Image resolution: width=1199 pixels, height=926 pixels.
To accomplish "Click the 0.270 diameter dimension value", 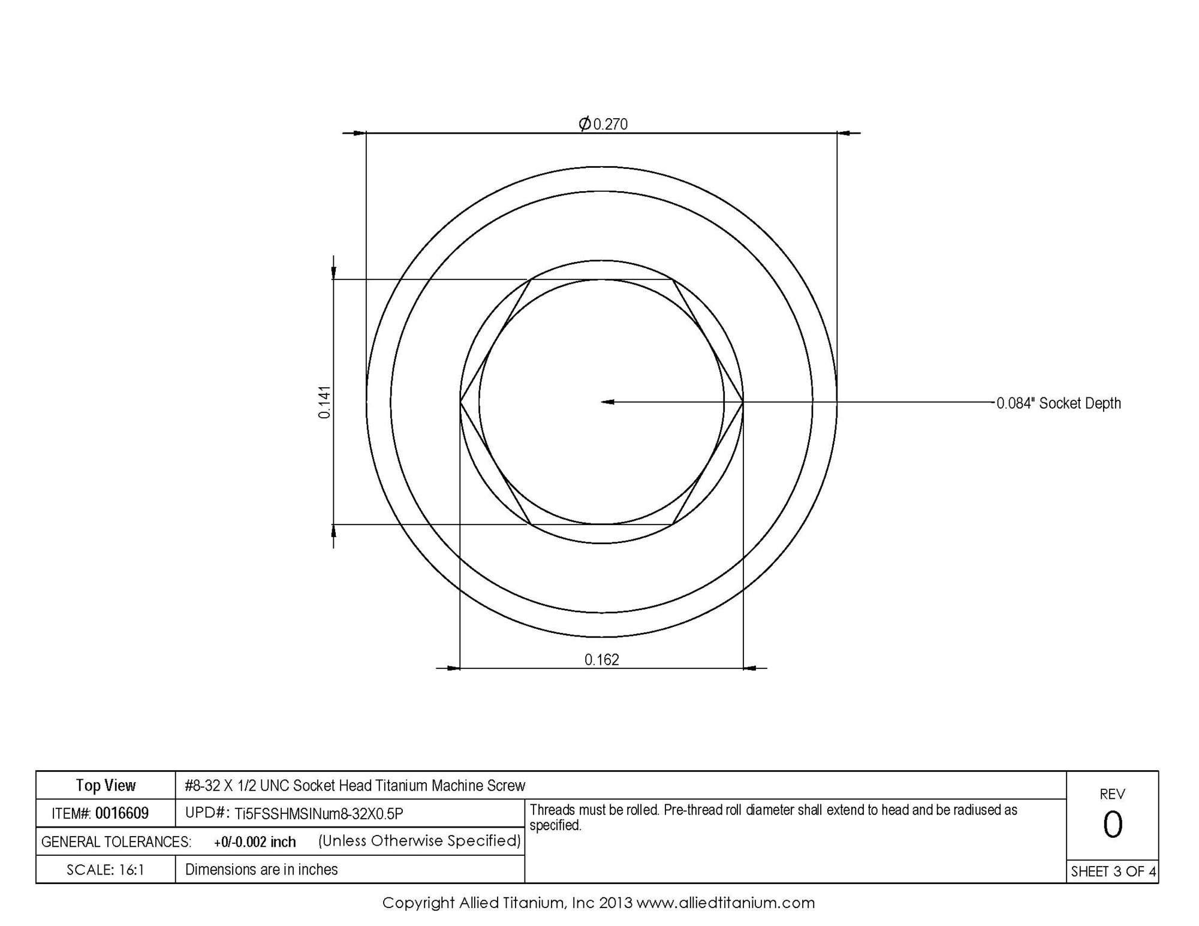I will pyautogui.click(x=610, y=124).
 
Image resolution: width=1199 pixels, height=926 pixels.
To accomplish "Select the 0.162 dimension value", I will pyautogui.click(x=601, y=660).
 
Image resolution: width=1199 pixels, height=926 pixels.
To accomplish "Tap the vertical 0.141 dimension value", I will pyautogui.click(x=324, y=402).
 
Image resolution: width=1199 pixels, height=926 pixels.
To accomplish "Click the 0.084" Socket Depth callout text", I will pyautogui.click(x=1058, y=403).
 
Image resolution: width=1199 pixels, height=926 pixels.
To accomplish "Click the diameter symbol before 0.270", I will pyautogui.click(x=585, y=123).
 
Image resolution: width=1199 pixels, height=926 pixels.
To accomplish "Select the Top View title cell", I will pyautogui.click(x=106, y=785).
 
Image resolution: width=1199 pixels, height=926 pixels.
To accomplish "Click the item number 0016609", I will pyautogui.click(x=122, y=813).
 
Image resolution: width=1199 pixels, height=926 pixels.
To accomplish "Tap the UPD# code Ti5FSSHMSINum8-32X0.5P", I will pyautogui.click(x=318, y=814).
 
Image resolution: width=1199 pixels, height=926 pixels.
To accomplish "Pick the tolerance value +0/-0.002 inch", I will pyautogui.click(x=255, y=841).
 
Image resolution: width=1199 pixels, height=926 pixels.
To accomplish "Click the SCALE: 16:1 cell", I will pyautogui.click(x=106, y=870).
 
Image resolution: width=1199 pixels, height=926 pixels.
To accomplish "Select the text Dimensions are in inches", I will pyautogui.click(x=261, y=870).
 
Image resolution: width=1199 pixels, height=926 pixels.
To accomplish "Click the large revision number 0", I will pyautogui.click(x=1112, y=825).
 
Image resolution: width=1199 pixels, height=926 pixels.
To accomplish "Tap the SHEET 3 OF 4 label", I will pyautogui.click(x=1113, y=871).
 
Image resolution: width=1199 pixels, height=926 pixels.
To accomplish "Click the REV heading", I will pyautogui.click(x=1112, y=794).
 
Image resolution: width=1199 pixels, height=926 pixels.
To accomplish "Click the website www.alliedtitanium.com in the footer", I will pyautogui.click(x=725, y=903).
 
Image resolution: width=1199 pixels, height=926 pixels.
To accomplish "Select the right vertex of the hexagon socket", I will pyautogui.click(x=743, y=402).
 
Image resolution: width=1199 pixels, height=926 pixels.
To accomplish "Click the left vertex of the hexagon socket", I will pyautogui.click(x=460, y=402).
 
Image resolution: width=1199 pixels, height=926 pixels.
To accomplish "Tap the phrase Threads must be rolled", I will pyautogui.click(x=594, y=810).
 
